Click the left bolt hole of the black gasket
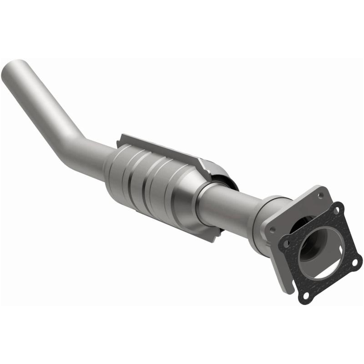pyautogui.click(x=287, y=243)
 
